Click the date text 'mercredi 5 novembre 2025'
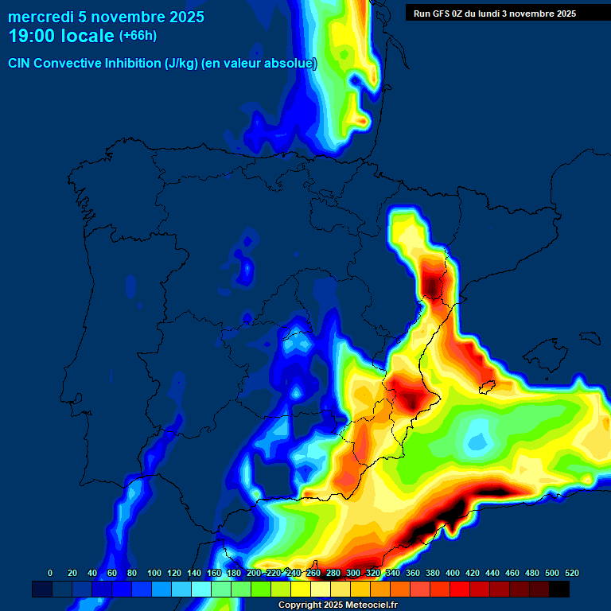106,17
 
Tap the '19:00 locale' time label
60,36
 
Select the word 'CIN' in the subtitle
19,64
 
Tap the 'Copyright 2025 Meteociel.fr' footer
338,605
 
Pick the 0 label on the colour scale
50,573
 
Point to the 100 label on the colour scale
154,573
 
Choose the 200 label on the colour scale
254,573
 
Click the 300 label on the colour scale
353,573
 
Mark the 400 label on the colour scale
453,573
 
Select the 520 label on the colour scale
572,573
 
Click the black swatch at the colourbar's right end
559,589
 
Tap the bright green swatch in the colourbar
261,589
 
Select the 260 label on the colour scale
313,573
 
